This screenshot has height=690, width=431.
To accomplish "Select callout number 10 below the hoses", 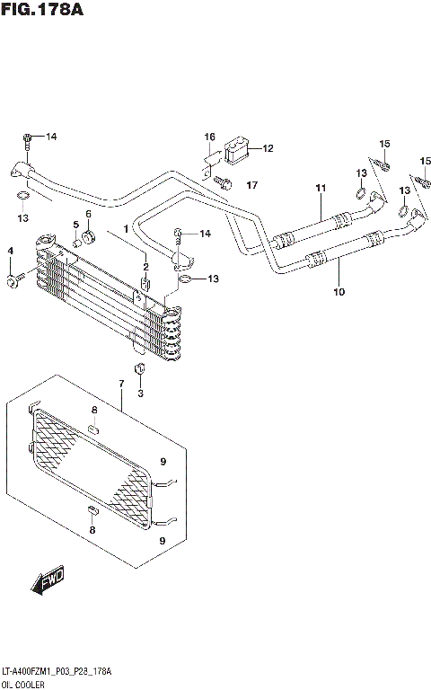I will pos(339,291).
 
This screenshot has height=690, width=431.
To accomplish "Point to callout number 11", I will pos(319,187).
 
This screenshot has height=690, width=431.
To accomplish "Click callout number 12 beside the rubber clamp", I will pos(268,148).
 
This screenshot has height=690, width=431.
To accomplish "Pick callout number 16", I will pos(209,137).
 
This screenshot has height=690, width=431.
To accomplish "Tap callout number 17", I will pos(251,185).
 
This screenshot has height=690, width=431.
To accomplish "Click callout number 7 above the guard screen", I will pos(120,385).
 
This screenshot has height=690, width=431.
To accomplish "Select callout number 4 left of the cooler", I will pos(11,250).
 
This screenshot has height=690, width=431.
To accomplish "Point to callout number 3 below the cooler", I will pos(140,393).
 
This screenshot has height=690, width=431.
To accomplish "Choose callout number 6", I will pos(89,214).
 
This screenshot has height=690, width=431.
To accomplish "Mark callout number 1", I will pos(127,228).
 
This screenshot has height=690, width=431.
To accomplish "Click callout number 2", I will pos(145,266).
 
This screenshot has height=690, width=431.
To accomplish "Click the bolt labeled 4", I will pos(12,282).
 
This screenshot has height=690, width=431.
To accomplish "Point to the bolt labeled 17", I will pos(224,184).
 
